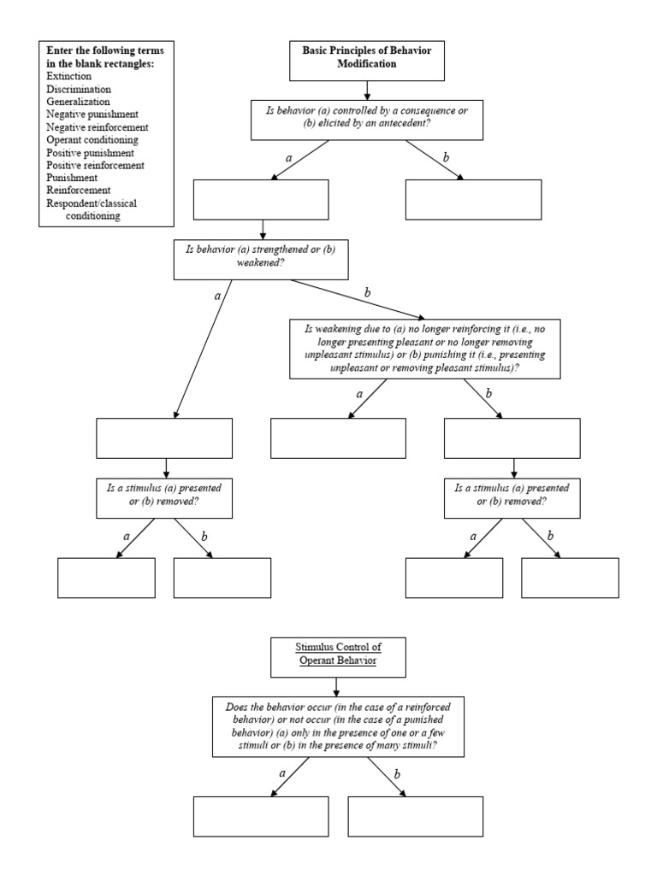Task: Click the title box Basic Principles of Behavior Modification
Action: (366, 58)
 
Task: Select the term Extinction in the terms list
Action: (69, 77)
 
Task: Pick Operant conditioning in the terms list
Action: (92, 139)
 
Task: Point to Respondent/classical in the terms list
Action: (92, 203)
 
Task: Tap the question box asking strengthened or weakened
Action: (262, 258)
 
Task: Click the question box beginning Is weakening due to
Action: (425, 348)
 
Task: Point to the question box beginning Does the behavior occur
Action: (339, 728)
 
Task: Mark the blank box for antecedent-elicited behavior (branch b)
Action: (473, 200)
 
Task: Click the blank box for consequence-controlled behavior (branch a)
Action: (262, 200)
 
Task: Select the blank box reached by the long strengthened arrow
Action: (164, 438)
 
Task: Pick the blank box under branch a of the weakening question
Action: (339, 438)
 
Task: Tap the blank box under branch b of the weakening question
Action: (512, 438)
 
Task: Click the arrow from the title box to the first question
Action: (366, 89)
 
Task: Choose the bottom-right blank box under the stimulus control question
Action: (416, 816)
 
